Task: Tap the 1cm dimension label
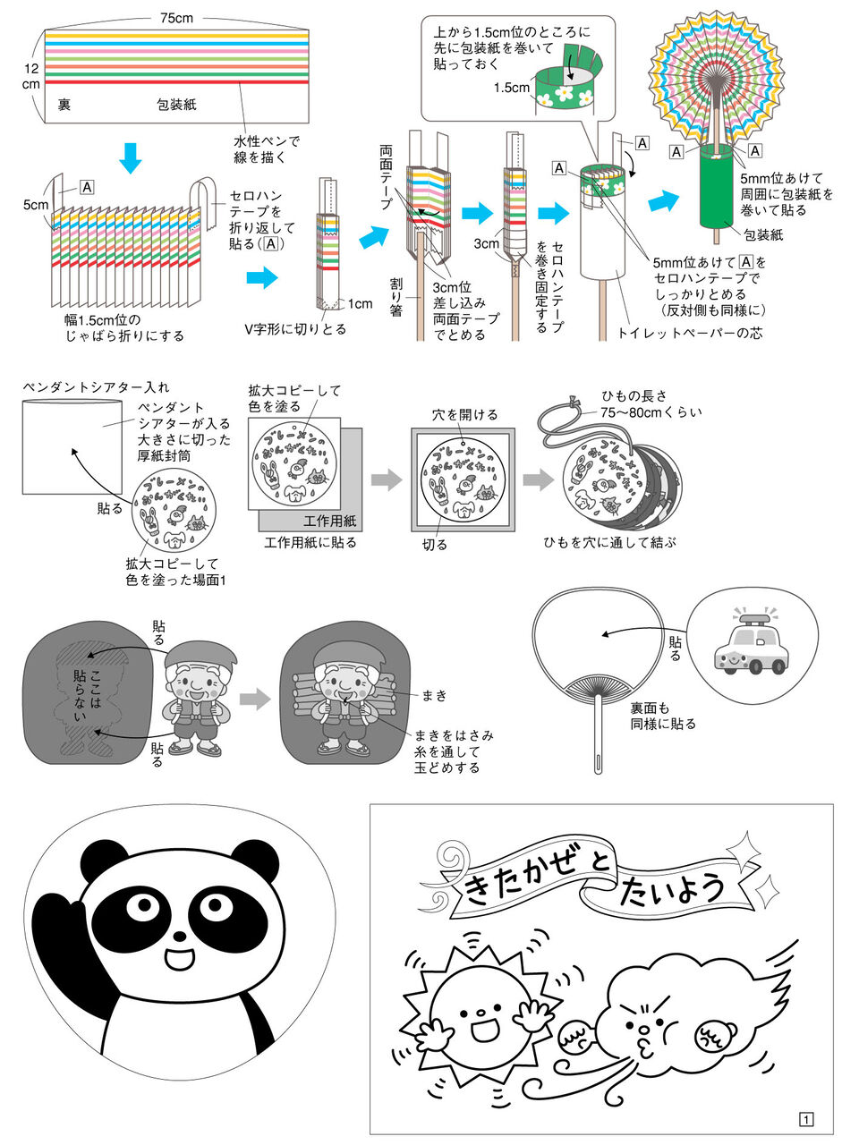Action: (361, 304)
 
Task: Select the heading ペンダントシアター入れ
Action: (96, 387)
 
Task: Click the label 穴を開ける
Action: (464, 415)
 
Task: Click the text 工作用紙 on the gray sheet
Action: (329, 521)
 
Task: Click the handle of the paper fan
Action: (598, 742)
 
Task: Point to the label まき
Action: (435, 695)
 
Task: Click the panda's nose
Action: (180, 937)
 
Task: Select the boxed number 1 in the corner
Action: (805, 1119)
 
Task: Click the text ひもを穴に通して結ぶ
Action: (609, 543)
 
